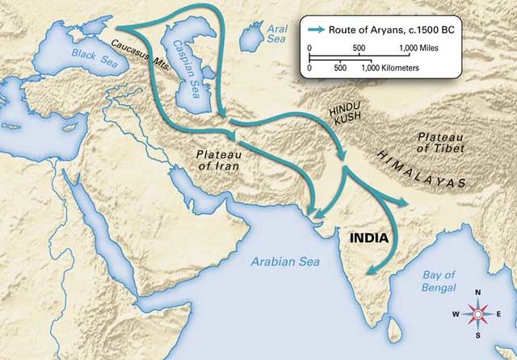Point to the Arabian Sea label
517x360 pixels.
(285, 262)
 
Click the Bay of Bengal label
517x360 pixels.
(439, 282)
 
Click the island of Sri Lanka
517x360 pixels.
(393, 329)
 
